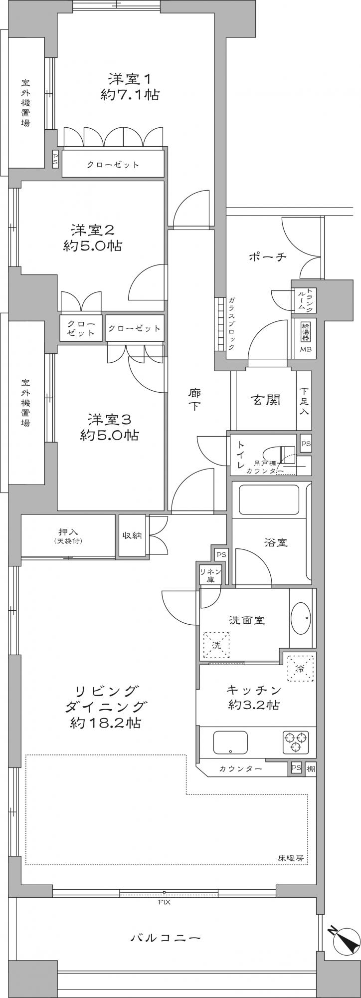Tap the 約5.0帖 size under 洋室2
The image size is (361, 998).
click(92, 246)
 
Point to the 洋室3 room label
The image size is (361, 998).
click(109, 418)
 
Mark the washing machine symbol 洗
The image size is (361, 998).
click(216, 645)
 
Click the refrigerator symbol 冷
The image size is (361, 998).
click(300, 668)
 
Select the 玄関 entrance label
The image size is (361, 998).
click(265, 400)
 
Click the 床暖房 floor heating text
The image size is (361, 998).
click(291, 858)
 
